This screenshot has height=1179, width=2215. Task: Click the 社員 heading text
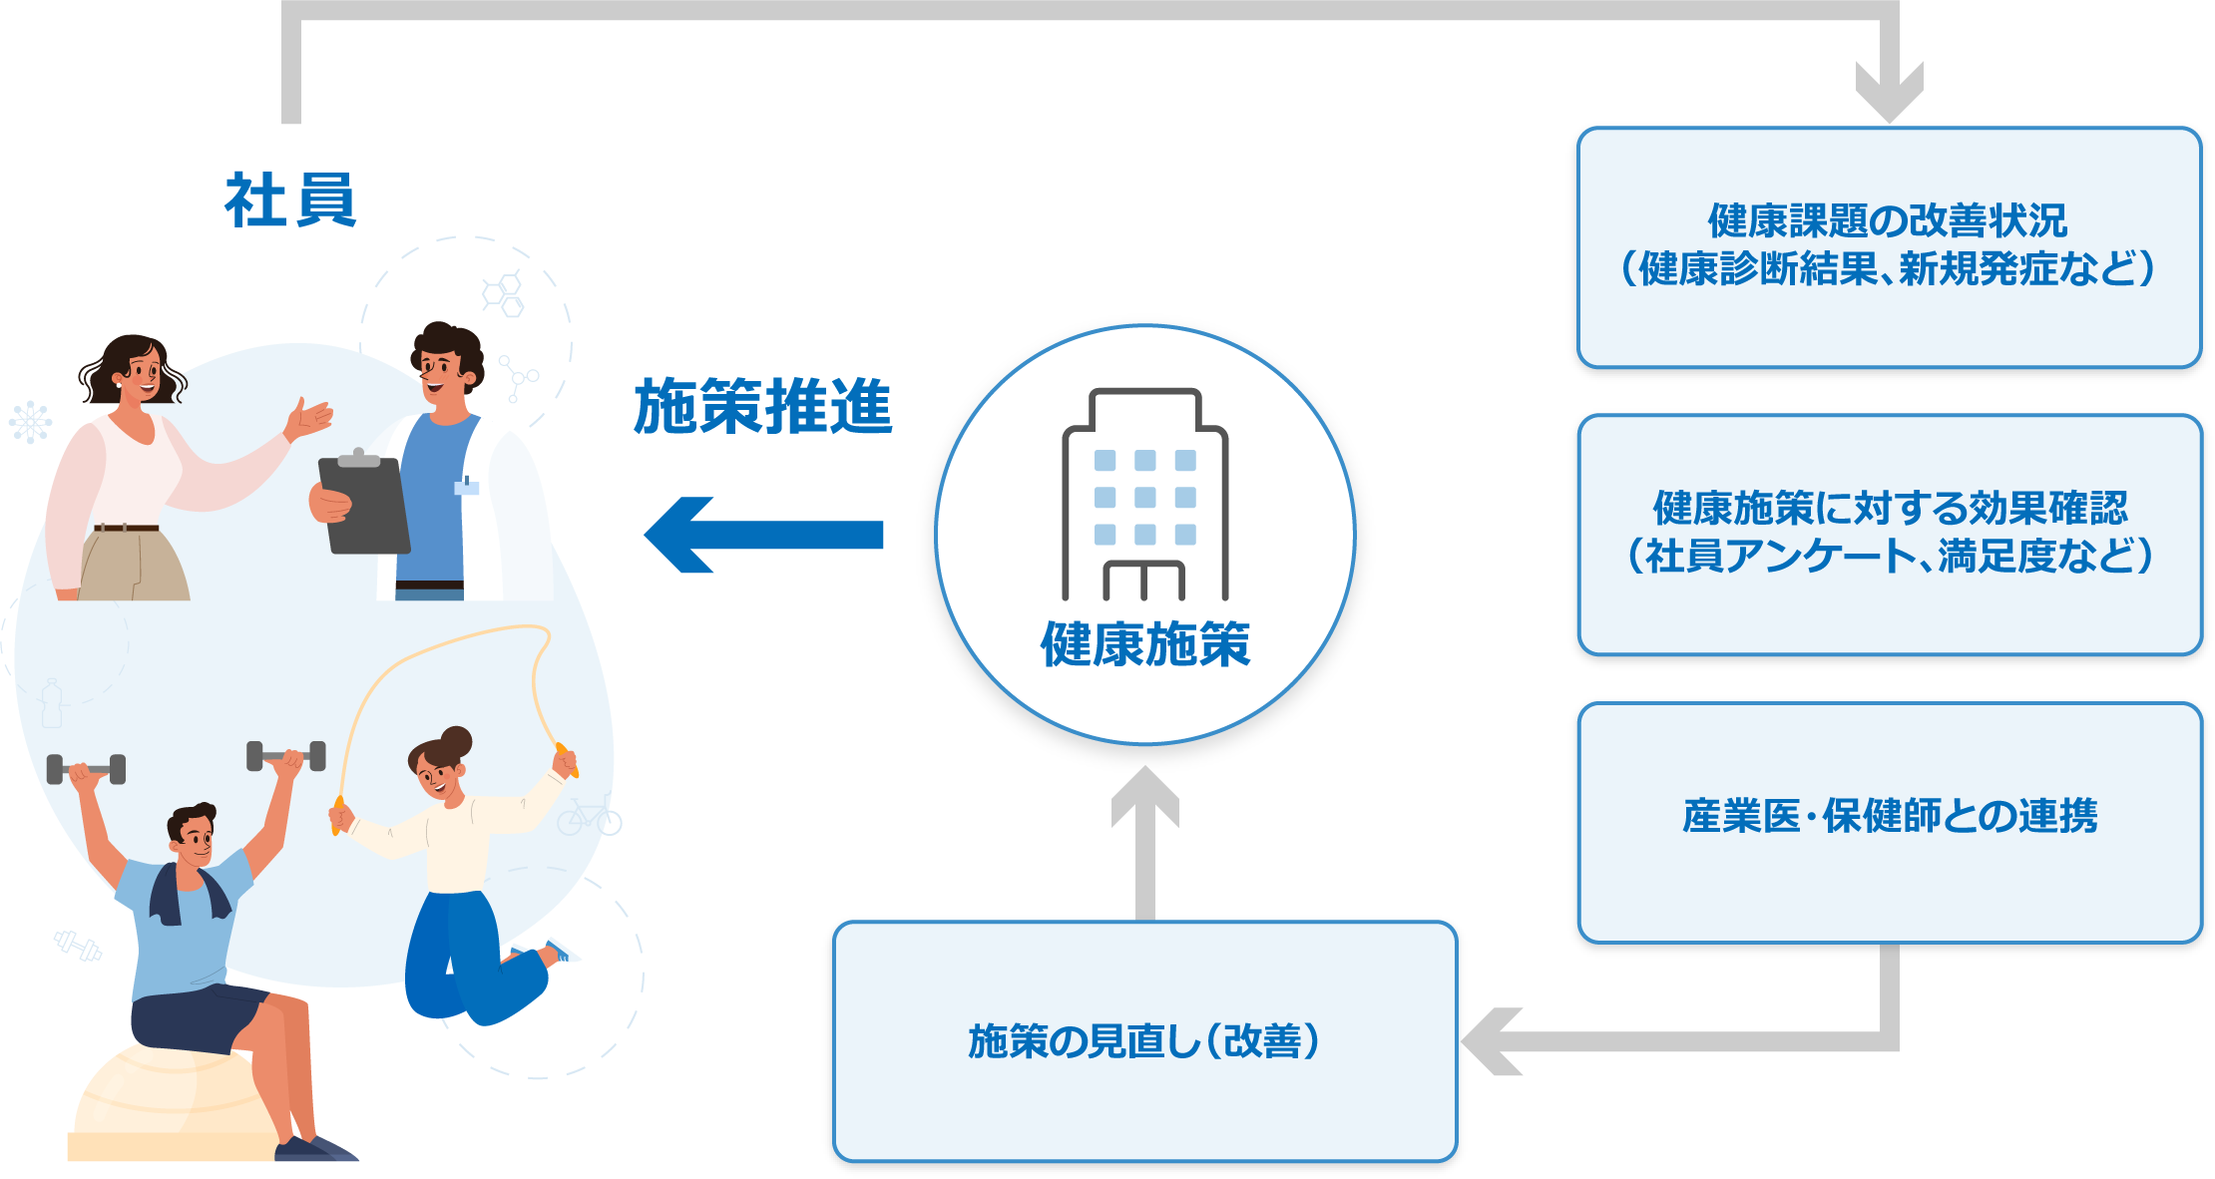point(290,200)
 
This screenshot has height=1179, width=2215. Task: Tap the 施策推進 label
point(763,407)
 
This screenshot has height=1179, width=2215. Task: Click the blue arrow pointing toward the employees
point(763,536)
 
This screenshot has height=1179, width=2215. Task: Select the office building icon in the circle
point(1144,495)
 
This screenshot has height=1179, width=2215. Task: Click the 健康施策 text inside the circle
point(1144,644)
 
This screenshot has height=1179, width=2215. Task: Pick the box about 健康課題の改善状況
point(1889,247)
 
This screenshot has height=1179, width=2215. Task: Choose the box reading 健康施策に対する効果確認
point(1889,535)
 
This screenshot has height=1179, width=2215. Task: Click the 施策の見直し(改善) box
point(1144,1041)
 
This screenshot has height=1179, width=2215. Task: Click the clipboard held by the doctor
point(363,505)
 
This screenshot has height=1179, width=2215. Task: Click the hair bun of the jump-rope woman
point(457,741)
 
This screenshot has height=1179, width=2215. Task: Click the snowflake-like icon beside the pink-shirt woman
point(30,422)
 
